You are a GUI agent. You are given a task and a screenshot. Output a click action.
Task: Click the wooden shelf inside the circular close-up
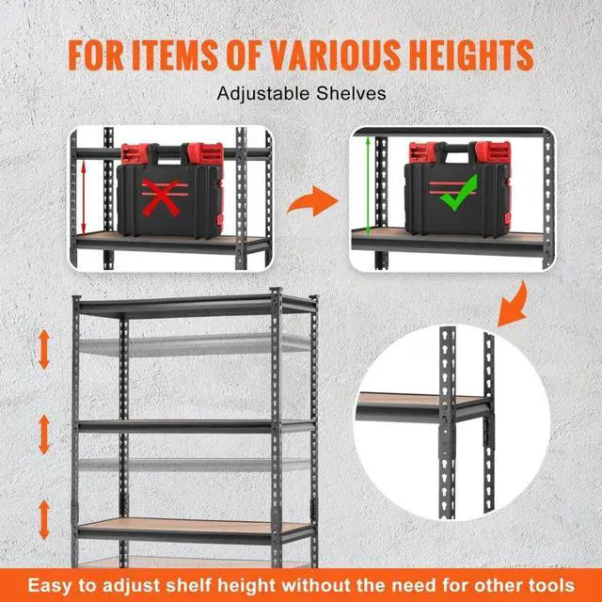414,401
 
